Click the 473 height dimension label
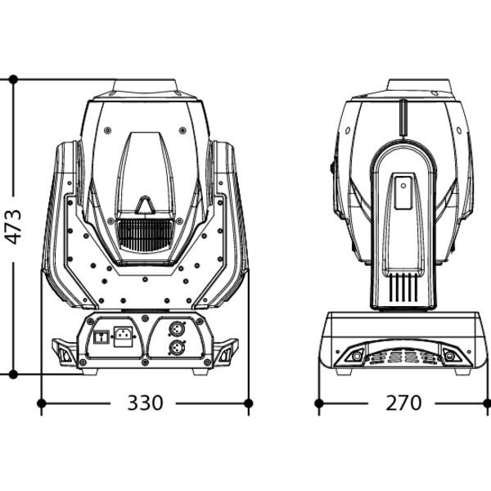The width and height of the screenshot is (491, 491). click(x=13, y=227)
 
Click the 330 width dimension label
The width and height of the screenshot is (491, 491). click(x=146, y=403)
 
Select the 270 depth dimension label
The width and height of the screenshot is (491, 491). click(x=403, y=403)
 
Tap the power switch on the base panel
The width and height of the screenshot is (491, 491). click(x=101, y=337)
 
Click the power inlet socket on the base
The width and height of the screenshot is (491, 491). click(x=123, y=336)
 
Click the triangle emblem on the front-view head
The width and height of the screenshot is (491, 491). click(x=145, y=205)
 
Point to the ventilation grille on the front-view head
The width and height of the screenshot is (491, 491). click(x=146, y=233)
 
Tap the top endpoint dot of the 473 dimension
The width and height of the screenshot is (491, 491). click(x=13, y=79)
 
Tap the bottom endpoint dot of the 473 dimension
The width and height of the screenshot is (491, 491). click(x=13, y=374)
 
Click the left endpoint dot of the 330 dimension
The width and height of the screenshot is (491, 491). click(x=42, y=403)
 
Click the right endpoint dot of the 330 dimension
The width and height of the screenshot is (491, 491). click(x=248, y=403)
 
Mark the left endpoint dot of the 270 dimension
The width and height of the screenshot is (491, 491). click(x=319, y=403)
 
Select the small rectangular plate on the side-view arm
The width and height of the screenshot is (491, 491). click(x=403, y=192)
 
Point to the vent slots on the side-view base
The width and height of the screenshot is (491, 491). click(x=403, y=357)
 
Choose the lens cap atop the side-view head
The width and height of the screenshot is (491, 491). click(x=420, y=86)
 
